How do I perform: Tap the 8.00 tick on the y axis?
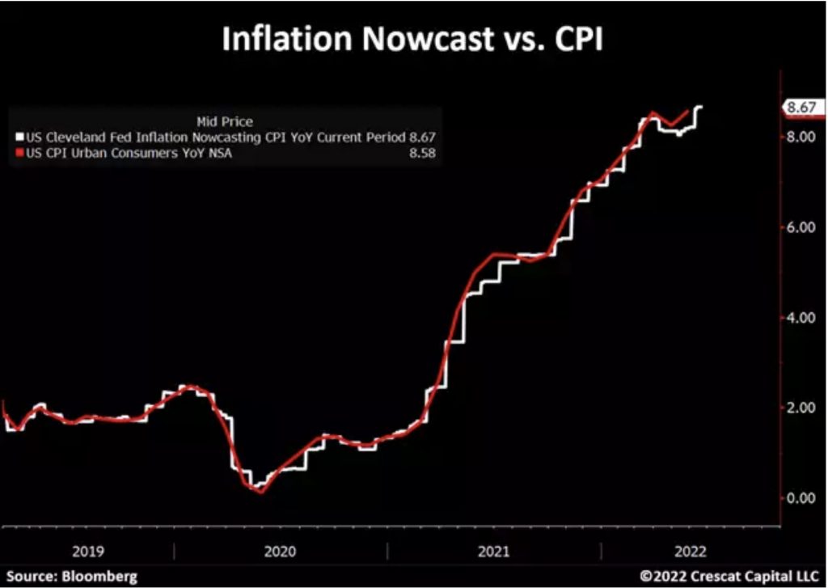pos(800,137)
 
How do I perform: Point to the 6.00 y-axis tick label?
pos(800,227)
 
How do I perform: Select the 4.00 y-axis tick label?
pos(800,318)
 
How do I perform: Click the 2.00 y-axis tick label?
pos(800,408)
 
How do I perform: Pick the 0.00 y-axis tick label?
pos(800,497)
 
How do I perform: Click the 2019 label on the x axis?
pos(87,552)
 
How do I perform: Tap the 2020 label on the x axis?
pos(280,552)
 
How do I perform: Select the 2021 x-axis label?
pos(493,552)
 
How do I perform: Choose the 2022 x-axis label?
pos(689,552)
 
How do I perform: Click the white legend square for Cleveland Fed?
pos(20,137)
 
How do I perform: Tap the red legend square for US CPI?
pos(20,153)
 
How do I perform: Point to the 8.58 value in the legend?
pos(421,153)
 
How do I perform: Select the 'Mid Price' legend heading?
pos(225,122)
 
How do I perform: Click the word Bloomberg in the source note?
pos(95,576)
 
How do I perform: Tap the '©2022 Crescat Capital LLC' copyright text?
pos(729,576)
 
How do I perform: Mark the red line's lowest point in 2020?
pos(260,490)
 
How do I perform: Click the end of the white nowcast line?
pos(700,107)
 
